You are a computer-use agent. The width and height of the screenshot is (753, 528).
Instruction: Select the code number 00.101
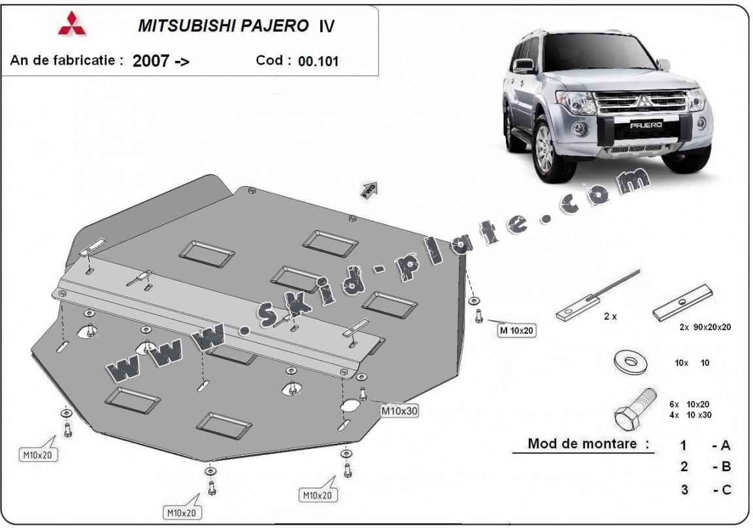pos(318,61)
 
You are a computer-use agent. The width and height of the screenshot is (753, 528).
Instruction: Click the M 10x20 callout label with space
pos(516,331)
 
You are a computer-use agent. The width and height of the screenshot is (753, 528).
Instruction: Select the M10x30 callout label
pos(399,411)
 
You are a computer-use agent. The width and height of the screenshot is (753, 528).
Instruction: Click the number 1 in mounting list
pos(684,446)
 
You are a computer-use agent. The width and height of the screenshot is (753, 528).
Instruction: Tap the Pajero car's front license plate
pos(646,124)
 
